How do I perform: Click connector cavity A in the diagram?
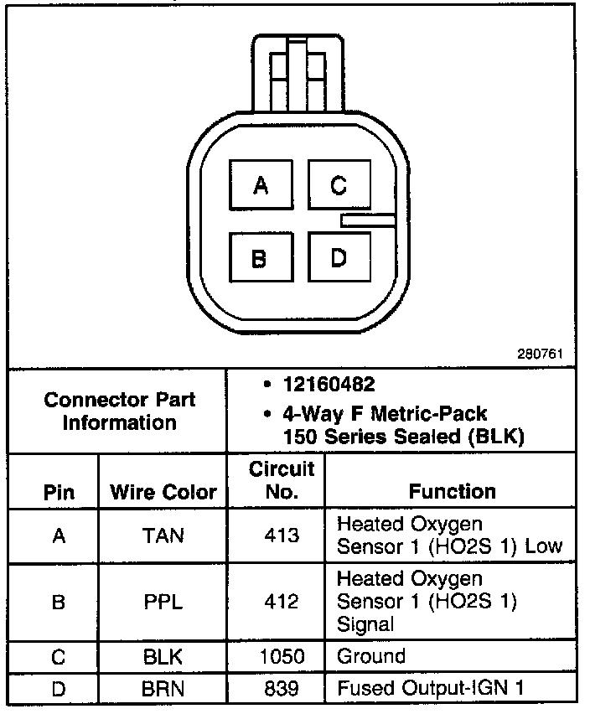pyautogui.click(x=261, y=185)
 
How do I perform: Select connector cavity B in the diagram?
pyautogui.click(x=261, y=259)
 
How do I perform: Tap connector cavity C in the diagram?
pyautogui.click(x=339, y=185)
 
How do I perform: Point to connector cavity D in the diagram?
pyautogui.click(x=339, y=259)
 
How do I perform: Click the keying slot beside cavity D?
pyautogui.click(x=367, y=220)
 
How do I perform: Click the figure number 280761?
pyautogui.click(x=540, y=355)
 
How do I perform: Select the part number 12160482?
pyautogui.click(x=329, y=385)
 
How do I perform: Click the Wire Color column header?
pyautogui.click(x=163, y=492)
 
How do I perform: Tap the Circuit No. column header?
pyautogui.click(x=282, y=480)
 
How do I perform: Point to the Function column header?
pyautogui.click(x=452, y=491)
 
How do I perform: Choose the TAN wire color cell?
pyautogui.click(x=163, y=535)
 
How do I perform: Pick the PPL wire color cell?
pyautogui.click(x=163, y=602)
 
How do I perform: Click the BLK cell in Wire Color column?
pyautogui.click(x=163, y=657)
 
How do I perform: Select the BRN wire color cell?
pyautogui.click(x=163, y=689)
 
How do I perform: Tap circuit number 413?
pyautogui.click(x=282, y=535)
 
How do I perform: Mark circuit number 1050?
pyautogui.click(x=282, y=657)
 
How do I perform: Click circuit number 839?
pyautogui.click(x=282, y=689)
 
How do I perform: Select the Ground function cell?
pyautogui.click(x=371, y=656)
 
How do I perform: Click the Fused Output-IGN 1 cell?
pyautogui.click(x=431, y=689)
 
